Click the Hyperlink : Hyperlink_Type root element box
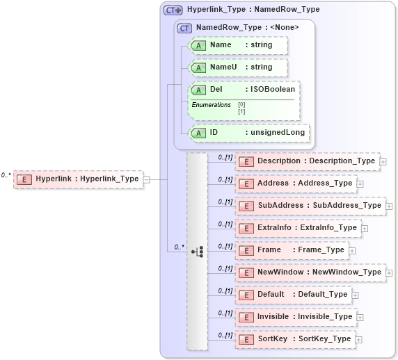78,179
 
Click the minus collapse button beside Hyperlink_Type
146,179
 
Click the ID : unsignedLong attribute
247,133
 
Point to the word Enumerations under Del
211,105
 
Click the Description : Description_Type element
308,161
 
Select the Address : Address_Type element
296,183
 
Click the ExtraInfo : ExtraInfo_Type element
298,228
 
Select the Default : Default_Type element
294,295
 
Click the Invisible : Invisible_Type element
296,317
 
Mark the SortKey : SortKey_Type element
295,339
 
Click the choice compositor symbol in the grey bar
197,251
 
